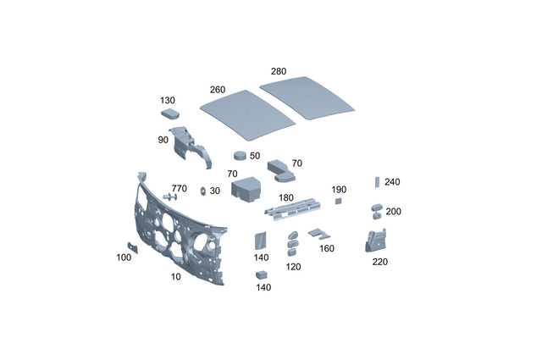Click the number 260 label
218,90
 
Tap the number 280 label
279,71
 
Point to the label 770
179,188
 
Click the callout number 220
379,262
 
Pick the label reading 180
286,197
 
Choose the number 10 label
175,277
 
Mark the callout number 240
391,181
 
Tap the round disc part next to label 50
241,156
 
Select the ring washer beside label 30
202,191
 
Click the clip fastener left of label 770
169,196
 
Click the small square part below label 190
337,202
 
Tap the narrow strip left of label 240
378,181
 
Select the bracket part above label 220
373,241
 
